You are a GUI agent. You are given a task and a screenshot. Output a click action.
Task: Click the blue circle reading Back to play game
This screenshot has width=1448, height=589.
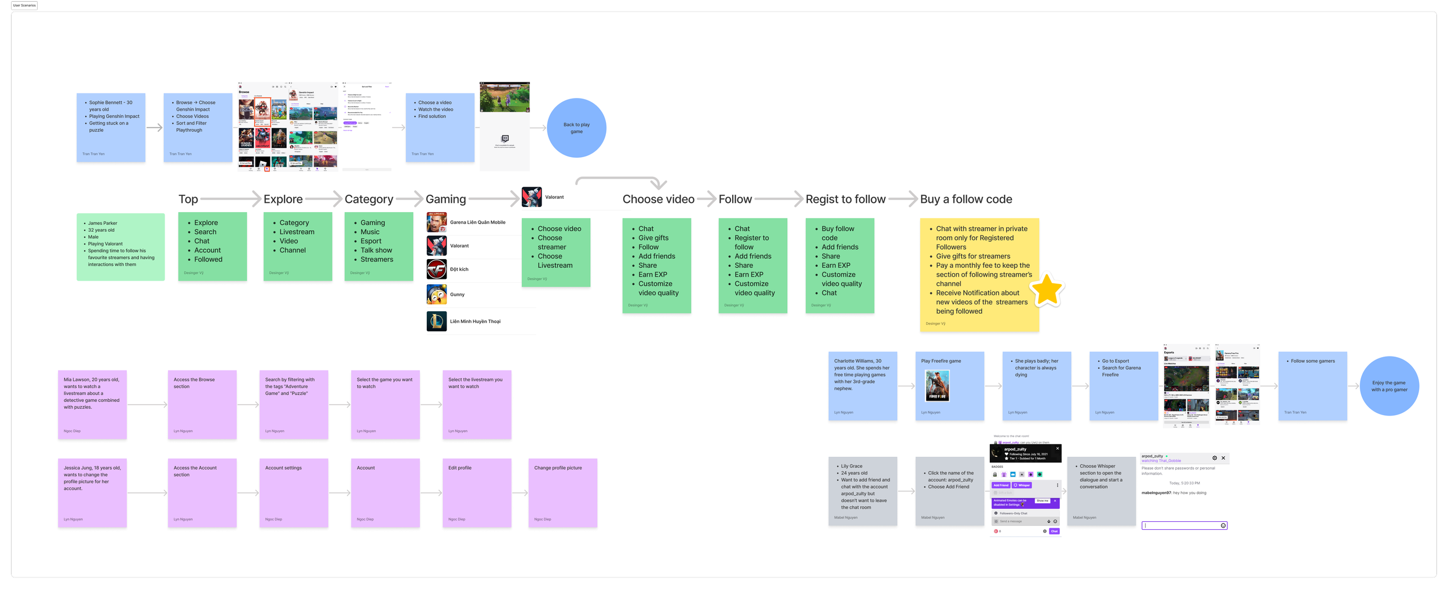click(576, 128)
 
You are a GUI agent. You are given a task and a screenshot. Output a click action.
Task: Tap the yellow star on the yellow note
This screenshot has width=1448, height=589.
click(1047, 290)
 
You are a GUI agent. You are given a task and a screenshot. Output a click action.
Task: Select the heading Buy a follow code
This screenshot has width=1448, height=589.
click(966, 199)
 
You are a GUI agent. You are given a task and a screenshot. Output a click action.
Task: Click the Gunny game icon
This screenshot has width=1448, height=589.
click(437, 294)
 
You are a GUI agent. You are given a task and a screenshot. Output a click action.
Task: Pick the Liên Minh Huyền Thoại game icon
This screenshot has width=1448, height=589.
click(437, 321)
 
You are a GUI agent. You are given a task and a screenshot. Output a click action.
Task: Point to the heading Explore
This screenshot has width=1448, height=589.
click(283, 199)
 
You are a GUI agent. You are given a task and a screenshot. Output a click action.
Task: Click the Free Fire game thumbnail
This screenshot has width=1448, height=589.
click(937, 386)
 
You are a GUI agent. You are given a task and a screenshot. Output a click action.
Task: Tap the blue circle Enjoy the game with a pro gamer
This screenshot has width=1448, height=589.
click(1389, 386)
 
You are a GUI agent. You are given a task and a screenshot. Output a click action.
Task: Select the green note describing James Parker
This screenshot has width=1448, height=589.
click(120, 247)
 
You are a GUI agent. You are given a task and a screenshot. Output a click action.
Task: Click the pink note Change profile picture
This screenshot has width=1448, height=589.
click(562, 493)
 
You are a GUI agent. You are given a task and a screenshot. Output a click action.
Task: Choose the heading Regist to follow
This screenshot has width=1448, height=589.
click(845, 199)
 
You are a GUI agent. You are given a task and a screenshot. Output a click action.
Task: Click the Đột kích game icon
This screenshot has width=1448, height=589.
click(437, 270)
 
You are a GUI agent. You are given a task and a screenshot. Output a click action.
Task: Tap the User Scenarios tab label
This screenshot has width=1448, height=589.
click(24, 5)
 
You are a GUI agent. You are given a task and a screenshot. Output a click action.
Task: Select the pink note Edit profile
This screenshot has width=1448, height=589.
click(477, 493)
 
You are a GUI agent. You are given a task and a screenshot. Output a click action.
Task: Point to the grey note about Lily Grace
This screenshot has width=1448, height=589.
click(862, 491)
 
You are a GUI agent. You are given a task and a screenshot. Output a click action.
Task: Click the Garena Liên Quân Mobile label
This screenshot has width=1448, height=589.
click(477, 223)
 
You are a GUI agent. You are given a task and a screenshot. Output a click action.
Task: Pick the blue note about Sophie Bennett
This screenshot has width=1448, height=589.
click(111, 128)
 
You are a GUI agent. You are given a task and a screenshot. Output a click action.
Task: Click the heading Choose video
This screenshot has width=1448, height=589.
click(658, 199)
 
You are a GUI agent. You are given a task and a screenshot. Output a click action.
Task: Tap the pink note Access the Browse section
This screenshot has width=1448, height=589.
click(202, 405)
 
